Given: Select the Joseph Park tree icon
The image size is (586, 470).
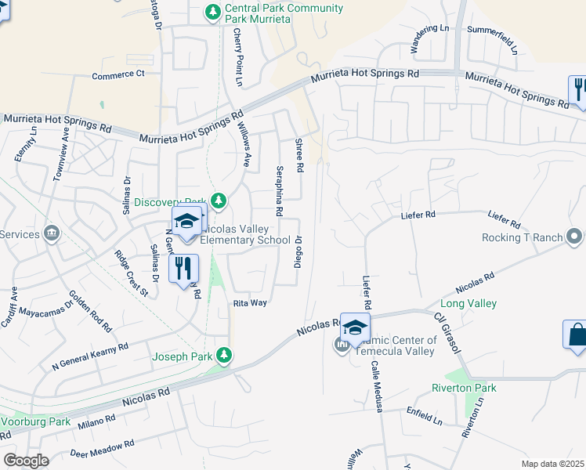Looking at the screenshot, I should [x=225, y=356].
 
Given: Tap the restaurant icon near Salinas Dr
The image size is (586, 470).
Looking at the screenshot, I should [x=183, y=269].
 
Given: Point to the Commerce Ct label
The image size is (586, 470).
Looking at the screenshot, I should [x=118, y=75].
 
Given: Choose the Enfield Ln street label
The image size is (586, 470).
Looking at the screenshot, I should [x=424, y=415].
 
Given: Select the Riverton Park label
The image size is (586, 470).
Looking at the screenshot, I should [x=464, y=388].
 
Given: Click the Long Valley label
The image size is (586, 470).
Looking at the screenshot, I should [x=468, y=303].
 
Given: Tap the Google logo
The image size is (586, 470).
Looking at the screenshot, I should [x=26, y=461].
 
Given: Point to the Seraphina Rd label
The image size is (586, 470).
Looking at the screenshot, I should [x=279, y=190].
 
